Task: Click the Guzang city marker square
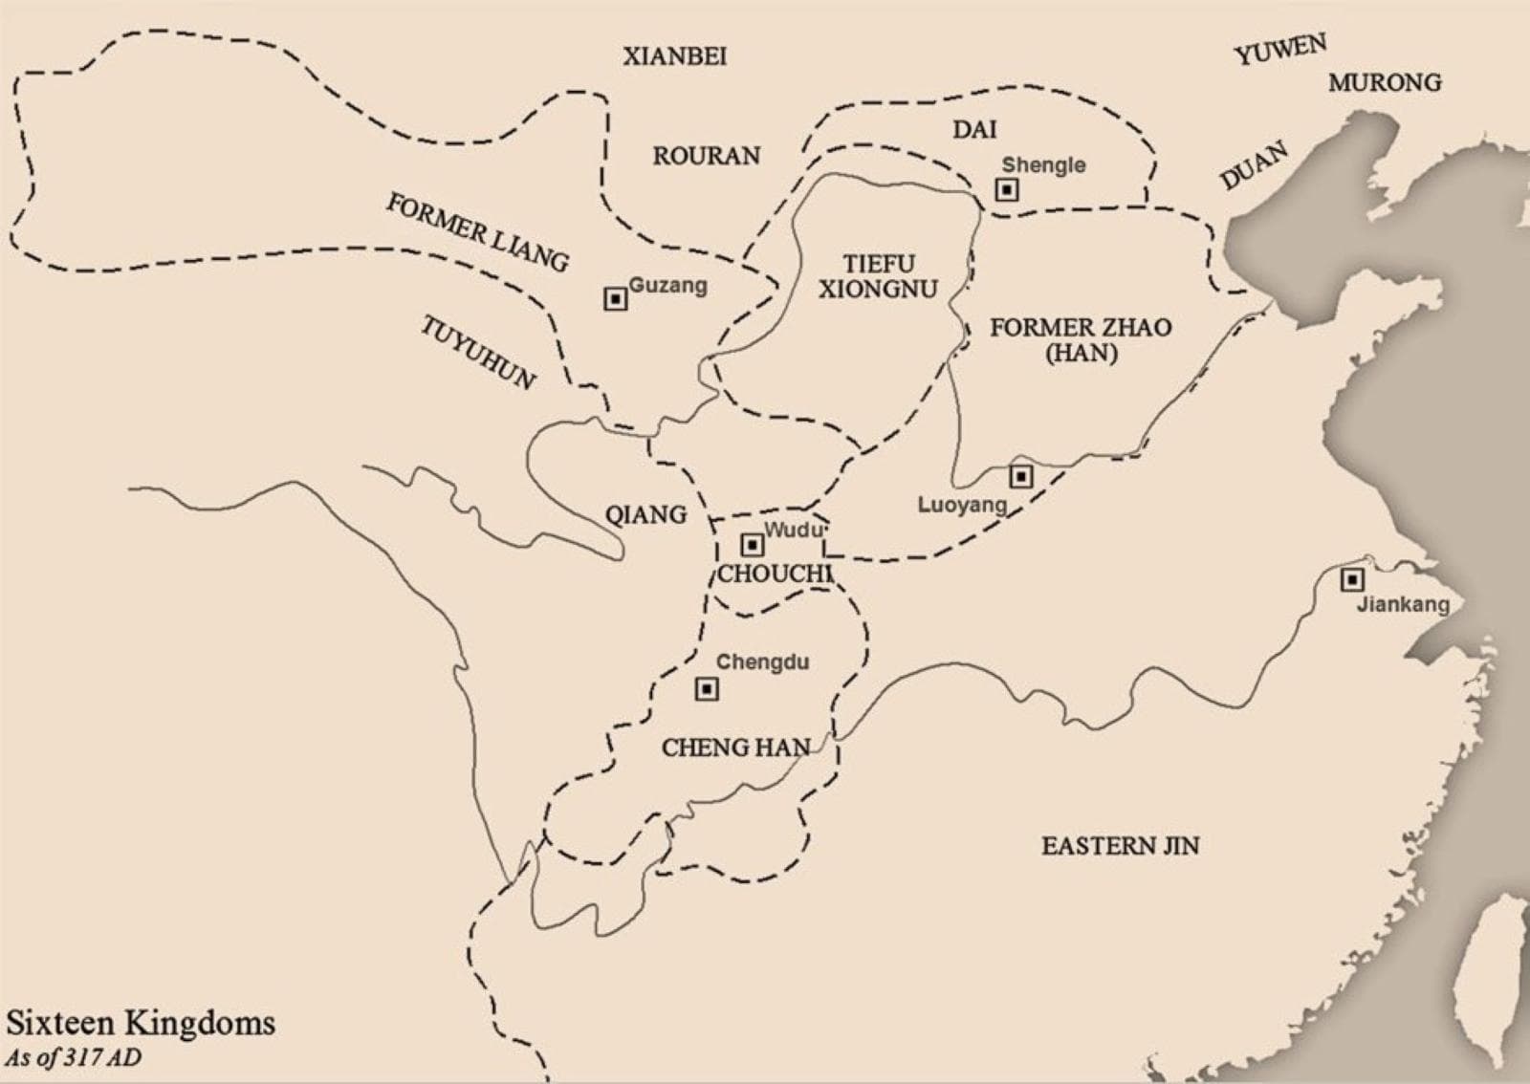[616, 299]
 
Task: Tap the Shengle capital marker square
[1007, 189]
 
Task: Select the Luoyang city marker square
[1021, 475]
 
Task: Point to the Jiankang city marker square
[1351, 579]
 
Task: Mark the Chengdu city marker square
[707, 688]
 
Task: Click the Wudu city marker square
[753, 545]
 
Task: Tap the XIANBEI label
[674, 56]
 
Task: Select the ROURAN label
[706, 156]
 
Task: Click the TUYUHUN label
[477, 353]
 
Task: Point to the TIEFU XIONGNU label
[878, 276]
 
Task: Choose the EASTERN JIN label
[1120, 846]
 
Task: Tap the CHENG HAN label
[735, 748]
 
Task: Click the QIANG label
[645, 515]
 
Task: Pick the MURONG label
[1384, 83]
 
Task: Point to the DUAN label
[1254, 165]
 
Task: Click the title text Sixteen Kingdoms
[141, 1023]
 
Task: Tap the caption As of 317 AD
[73, 1058]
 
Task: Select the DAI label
[973, 129]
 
